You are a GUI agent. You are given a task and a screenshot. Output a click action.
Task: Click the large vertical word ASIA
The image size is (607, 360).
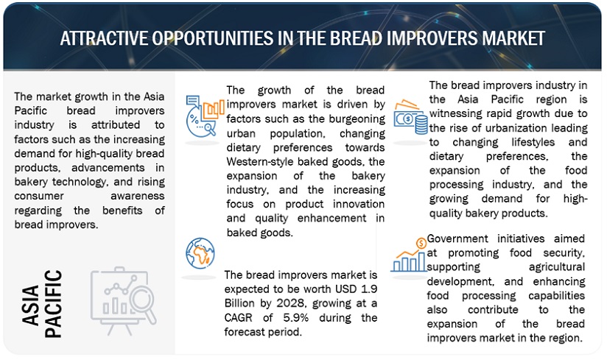click(31, 306)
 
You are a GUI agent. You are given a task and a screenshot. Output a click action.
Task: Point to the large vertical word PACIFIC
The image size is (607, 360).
click(53, 303)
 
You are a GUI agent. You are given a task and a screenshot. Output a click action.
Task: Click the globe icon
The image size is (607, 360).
click(200, 253)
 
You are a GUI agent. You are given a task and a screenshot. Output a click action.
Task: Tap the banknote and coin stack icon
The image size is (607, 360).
click(411, 117)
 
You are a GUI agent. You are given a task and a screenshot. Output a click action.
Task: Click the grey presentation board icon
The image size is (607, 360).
click(123, 300)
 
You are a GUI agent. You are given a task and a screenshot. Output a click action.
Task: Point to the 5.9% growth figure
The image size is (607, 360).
click(295, 318)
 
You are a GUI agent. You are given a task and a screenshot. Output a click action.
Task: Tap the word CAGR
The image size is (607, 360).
click(238, 318)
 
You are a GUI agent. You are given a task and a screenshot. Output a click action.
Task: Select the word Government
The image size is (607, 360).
click(457, 239)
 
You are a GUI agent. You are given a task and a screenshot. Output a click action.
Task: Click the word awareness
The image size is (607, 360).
click(138, 196)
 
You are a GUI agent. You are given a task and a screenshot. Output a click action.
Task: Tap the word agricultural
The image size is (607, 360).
click(557, 267)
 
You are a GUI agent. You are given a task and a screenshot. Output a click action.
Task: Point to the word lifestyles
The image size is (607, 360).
click(533, 142)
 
